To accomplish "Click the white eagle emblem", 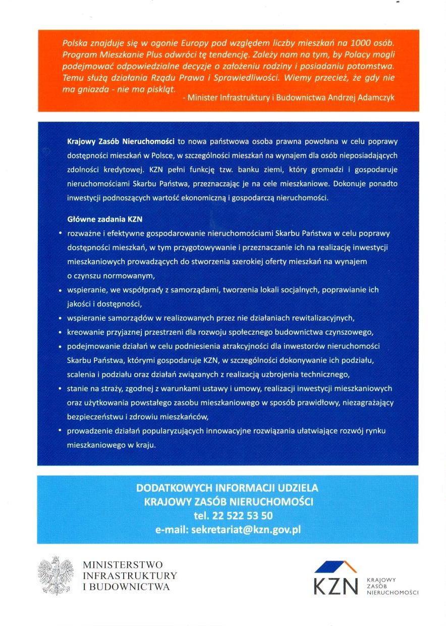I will coord(55,575).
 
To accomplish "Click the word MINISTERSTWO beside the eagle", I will coord(123,564).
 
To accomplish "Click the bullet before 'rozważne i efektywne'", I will coord(60,234).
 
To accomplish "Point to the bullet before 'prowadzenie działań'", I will coord(60,431).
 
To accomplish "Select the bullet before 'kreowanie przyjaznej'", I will coord(60,332).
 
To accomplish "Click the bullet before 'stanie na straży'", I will coord(60,389).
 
